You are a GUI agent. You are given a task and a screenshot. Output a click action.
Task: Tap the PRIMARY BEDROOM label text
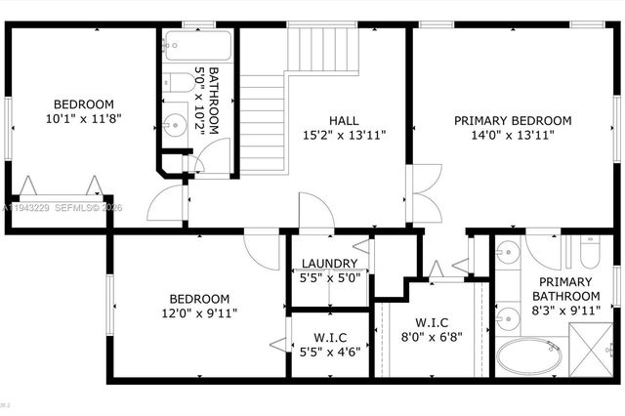point(513,121)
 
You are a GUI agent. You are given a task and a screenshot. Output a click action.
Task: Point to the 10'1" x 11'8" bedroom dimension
point(83,120)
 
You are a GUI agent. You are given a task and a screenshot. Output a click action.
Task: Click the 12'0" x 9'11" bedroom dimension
point(199,313)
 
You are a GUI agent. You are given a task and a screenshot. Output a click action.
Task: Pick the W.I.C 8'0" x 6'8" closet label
point(432,322)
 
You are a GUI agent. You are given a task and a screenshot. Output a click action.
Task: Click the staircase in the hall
point(264,117)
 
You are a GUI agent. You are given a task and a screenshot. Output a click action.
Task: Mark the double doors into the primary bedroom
point(418,194)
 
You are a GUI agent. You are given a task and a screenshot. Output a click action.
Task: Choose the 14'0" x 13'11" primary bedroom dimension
point(513,137)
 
